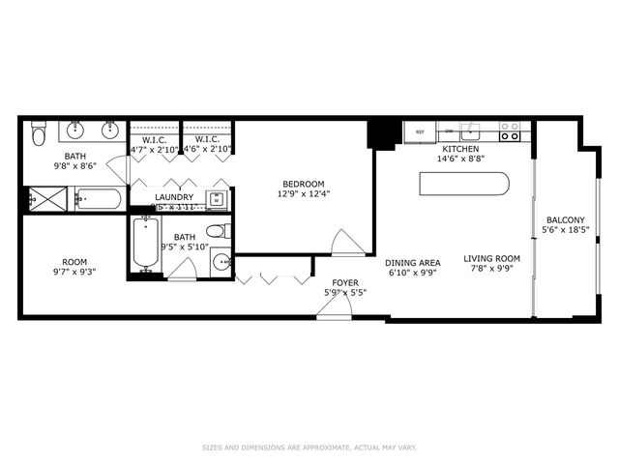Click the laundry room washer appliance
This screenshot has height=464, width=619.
pyautogui.click(x=217, y=200)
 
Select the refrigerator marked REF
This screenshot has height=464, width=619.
pyautogui.click(x=420, y=131)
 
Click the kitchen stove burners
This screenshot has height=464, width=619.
pyautogui.click(x=510, y=131)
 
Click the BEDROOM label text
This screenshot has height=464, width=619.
pyautogui.click(x=303, y=184)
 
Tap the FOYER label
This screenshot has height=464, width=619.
pyautogui.click(x=344, y=282)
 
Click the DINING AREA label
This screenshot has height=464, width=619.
pyautogui.click(x=413, y=263)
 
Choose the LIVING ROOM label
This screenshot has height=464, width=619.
pyautogui.click(x=491, y=258)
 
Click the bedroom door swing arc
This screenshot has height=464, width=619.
pyautogui.click(x=346, y=242)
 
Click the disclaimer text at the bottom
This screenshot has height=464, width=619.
pyautogui.click(x=309, y=447)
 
